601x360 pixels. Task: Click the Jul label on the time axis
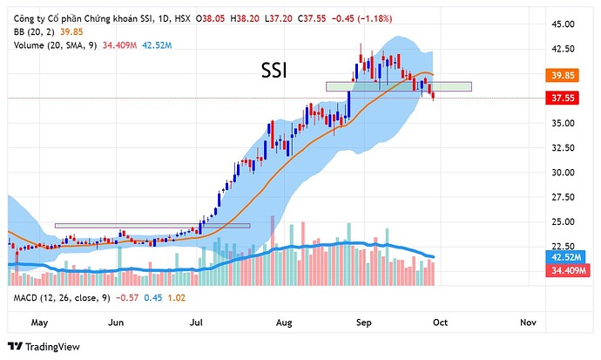[197, 322]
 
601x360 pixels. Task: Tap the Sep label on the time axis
[364, 322]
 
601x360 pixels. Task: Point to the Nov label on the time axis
[527, 322]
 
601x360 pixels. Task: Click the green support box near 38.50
[398, 86]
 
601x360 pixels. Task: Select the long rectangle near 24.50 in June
[152, 226]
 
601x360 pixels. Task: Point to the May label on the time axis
[38, 322]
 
